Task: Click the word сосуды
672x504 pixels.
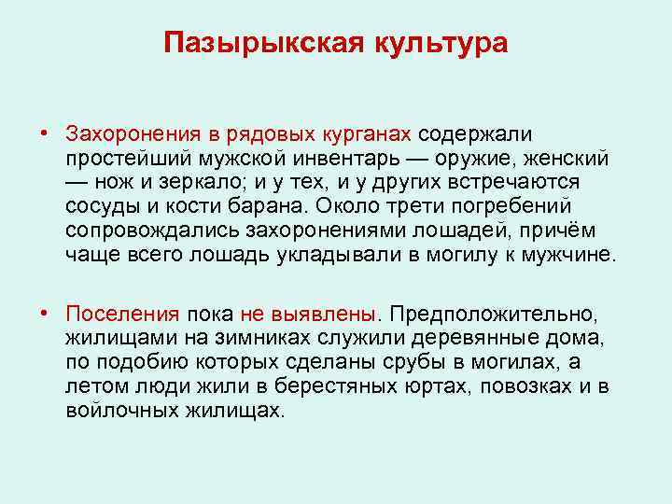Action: click(x=102, y=204)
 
